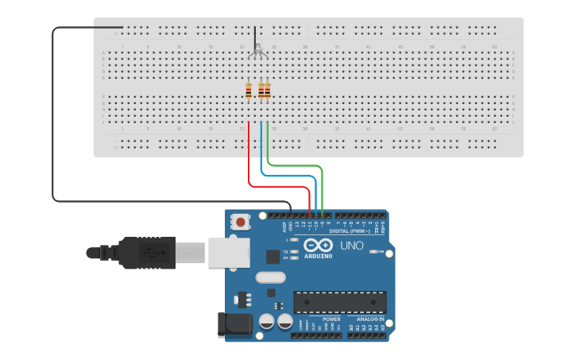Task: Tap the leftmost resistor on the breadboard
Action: coord(249,91)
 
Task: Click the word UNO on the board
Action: coord(351,246)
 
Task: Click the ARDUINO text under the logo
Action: coord(318,255)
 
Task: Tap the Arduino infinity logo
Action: coord(318,245)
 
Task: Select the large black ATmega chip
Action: coord(340,302)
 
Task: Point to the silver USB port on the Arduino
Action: coord(229,253)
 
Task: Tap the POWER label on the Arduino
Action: coord(331,319)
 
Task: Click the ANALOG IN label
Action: coord(369,319)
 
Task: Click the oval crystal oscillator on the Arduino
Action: coord(270,277)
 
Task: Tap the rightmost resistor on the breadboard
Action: coord(268,91)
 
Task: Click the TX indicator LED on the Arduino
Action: coord(295,251)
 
